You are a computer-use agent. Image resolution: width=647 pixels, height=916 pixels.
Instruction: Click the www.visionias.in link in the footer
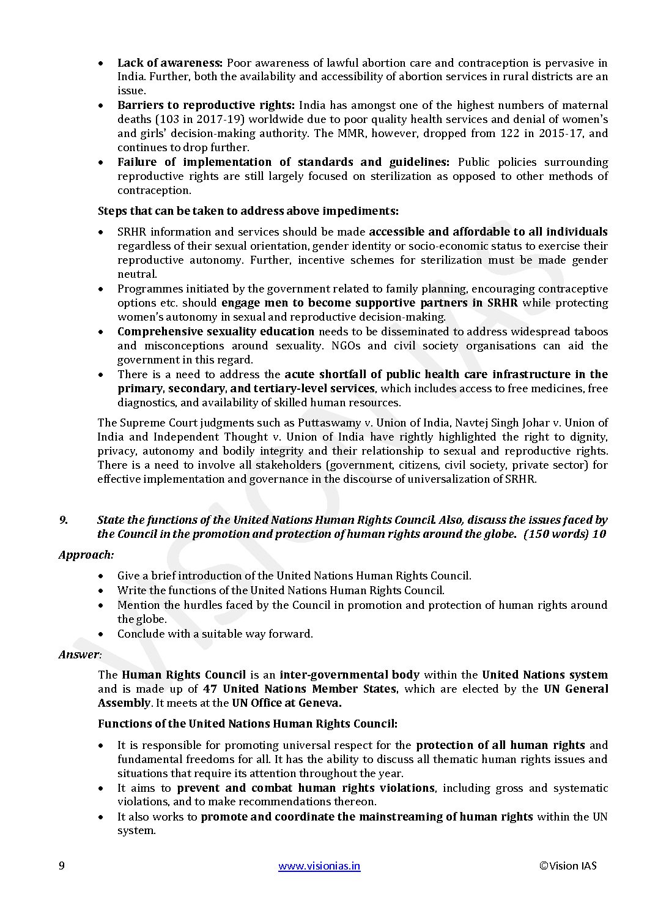(x=319, y=866)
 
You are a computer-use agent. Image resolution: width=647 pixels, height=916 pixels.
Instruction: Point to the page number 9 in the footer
(x=62, y=866)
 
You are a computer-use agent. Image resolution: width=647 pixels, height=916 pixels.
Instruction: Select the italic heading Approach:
(x=86, y=555)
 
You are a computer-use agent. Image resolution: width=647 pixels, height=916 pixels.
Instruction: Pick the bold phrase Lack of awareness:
(x=169, y=63)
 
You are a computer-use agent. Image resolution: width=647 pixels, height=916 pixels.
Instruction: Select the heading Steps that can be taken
(x=248, y=211)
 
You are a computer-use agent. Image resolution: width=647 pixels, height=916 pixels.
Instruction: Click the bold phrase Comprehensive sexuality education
(x=216, y=332)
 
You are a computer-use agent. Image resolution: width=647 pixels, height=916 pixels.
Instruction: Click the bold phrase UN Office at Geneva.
(x=287, y=703)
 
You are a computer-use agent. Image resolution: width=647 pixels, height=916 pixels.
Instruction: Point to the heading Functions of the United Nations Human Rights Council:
(x=248, y=724)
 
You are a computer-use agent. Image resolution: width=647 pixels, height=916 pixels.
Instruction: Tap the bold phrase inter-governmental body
(x=349, y=675)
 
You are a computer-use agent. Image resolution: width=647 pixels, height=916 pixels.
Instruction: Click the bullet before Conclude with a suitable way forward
(x=101, y=634)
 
